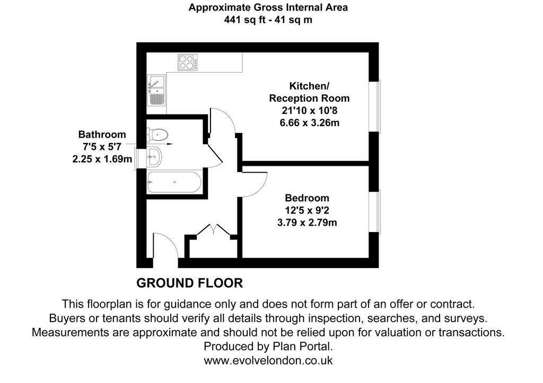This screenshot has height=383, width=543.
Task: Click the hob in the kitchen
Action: [x=188, y=63]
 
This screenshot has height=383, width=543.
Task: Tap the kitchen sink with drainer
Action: [x=156, y=90]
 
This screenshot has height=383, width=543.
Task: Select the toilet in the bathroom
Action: [x=157, y=134]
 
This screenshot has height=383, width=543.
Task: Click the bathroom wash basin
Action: [x=154, y=157]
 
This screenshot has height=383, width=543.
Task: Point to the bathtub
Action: [x=174, y=182]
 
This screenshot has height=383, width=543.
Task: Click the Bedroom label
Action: [x=307, y=198]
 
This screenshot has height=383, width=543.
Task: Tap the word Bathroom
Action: [x=102, y=134]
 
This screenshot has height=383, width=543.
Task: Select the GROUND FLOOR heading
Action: [x=189, y=283]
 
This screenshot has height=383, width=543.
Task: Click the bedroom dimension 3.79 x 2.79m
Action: [x=307, y=222]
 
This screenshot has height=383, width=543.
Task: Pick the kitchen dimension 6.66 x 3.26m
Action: [x=309, y=123]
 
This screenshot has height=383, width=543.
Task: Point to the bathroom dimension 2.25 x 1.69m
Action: [x=102, y=159]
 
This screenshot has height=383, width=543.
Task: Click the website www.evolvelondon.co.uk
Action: [x=268, y=361]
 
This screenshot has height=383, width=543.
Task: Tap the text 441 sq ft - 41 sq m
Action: [x=268, y=20]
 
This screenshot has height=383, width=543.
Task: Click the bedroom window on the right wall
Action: [x=374, y=211]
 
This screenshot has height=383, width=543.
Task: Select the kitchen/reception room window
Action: [x=374, y=106]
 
